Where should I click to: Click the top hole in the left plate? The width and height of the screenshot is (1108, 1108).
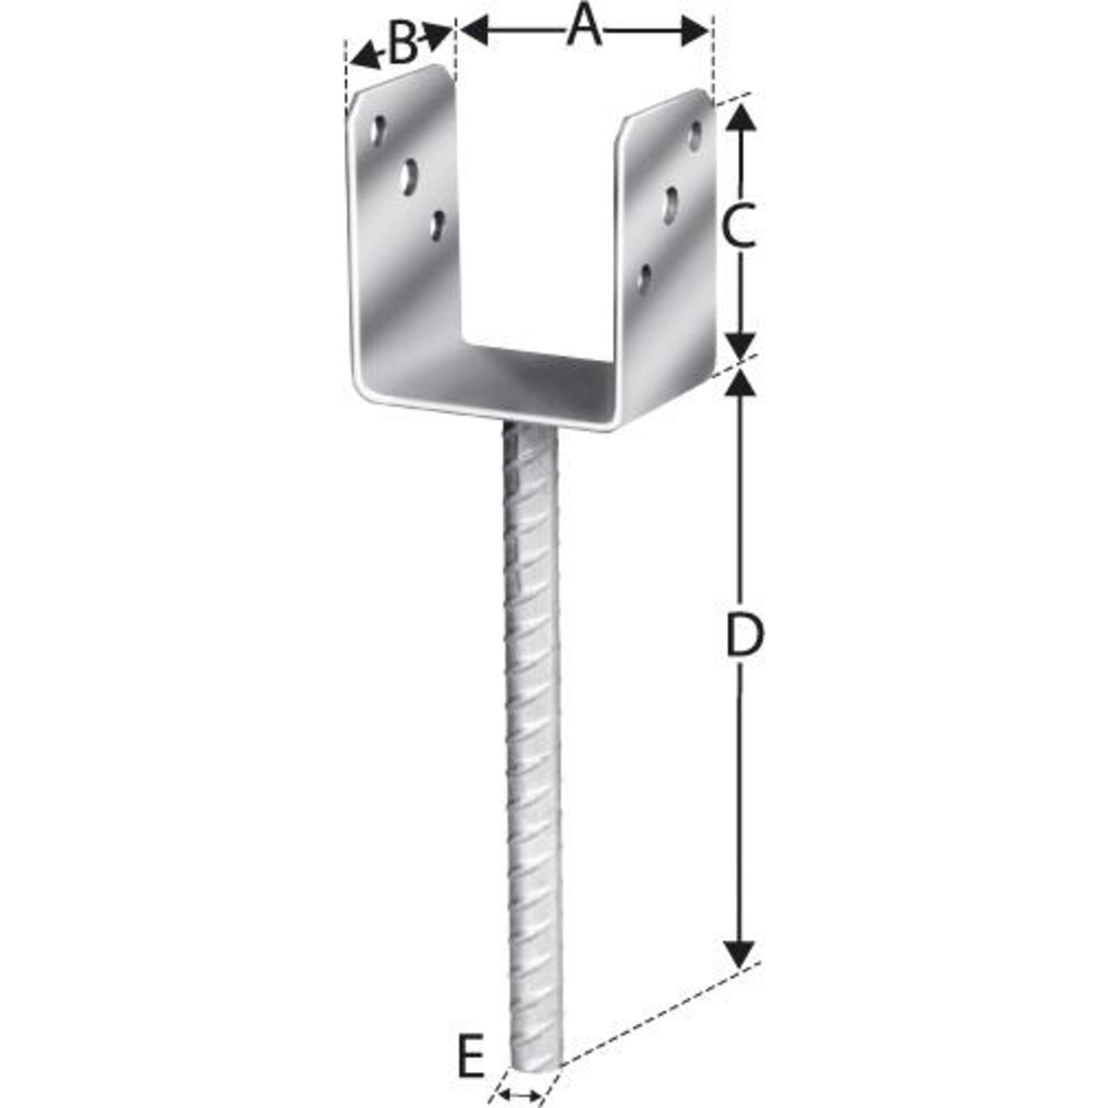(x=379, y=131)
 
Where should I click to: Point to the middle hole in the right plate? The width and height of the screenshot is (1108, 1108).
(x=672, y=204)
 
